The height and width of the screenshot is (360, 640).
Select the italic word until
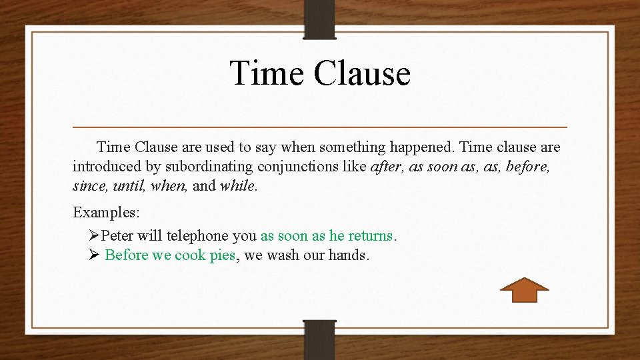[128, 185]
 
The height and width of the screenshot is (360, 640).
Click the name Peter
[117, 236]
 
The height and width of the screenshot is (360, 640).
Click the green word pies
[223, 255]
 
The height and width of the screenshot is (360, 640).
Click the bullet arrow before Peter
[93, 236]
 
